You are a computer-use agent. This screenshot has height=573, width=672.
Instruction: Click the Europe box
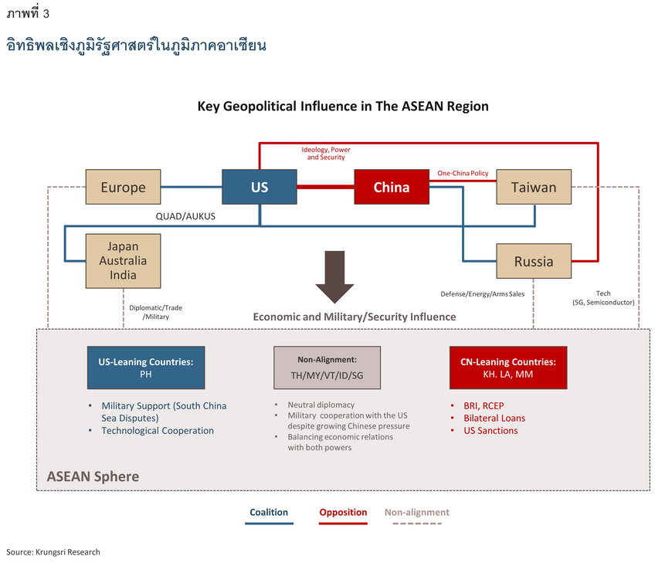tap(123, 187)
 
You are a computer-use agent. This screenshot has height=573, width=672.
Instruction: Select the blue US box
tap(260, 187)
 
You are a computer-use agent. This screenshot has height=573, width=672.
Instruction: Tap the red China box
tap(392, 187)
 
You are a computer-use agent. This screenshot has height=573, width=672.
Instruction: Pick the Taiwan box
tap(534, 187)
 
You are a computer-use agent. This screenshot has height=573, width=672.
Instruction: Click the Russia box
tap(534, 261)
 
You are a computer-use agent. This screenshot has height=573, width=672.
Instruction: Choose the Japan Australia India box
tap(123, 260)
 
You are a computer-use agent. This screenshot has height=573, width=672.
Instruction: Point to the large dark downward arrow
tap(334, 277)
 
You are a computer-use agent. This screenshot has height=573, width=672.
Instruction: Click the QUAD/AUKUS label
tap(185, 216)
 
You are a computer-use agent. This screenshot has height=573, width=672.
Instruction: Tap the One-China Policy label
tap(463, 173)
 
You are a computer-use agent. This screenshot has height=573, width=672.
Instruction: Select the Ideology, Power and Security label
tap(326, 154)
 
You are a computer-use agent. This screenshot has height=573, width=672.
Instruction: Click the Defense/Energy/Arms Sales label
tap(482, 294)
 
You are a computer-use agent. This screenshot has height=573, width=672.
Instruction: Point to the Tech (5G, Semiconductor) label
tap(603, 298)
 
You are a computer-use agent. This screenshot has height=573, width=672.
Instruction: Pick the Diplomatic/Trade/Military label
tap(155, 312)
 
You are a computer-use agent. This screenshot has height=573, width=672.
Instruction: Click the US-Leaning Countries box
tap(146, 368)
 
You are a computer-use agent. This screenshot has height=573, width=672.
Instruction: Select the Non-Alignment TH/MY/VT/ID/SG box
tap(327, 368)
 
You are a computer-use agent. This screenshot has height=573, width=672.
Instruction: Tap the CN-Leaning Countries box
tap(507, 368)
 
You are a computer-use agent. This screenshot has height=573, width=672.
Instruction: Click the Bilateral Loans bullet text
tap(494, 419)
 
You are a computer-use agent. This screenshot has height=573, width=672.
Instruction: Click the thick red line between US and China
tap(325, 187)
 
